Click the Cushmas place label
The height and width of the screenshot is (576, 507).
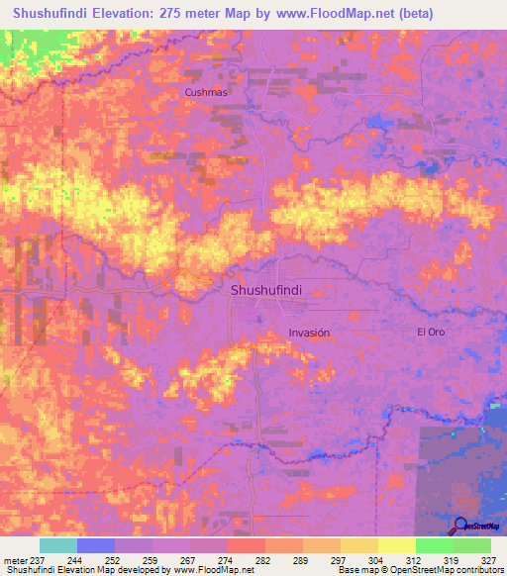click(x=206, y=92)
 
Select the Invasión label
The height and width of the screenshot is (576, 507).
click(x=308, y=334)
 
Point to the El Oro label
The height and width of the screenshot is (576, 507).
click(x=430, y=332)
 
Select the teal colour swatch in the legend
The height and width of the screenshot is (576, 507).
click(x=58, y=545)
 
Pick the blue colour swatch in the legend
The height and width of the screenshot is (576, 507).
click(x=96, y=545)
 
